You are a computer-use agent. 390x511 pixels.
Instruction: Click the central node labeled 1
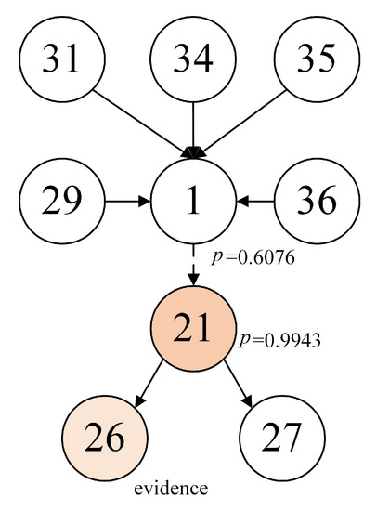pos(193,199)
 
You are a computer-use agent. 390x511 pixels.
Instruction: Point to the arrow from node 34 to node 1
pos(193,125)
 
